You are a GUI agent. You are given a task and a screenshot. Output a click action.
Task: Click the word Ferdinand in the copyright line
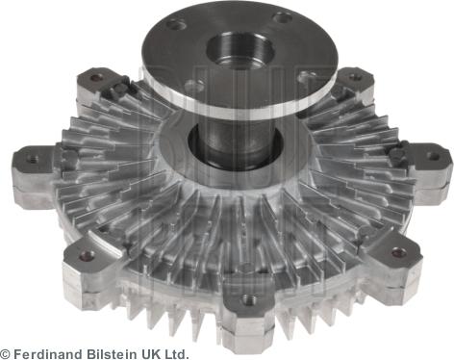click(47, 354)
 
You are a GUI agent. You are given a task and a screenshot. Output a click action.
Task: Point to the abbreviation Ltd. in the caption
click(176, 354)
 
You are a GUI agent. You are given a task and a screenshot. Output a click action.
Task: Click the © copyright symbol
click(6, 354)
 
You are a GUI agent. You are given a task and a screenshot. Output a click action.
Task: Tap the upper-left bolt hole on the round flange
click(177, 24)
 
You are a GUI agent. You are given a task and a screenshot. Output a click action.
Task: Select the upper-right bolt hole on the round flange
click(283, 17)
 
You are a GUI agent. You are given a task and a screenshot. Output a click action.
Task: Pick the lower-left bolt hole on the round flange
click(194, 86)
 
